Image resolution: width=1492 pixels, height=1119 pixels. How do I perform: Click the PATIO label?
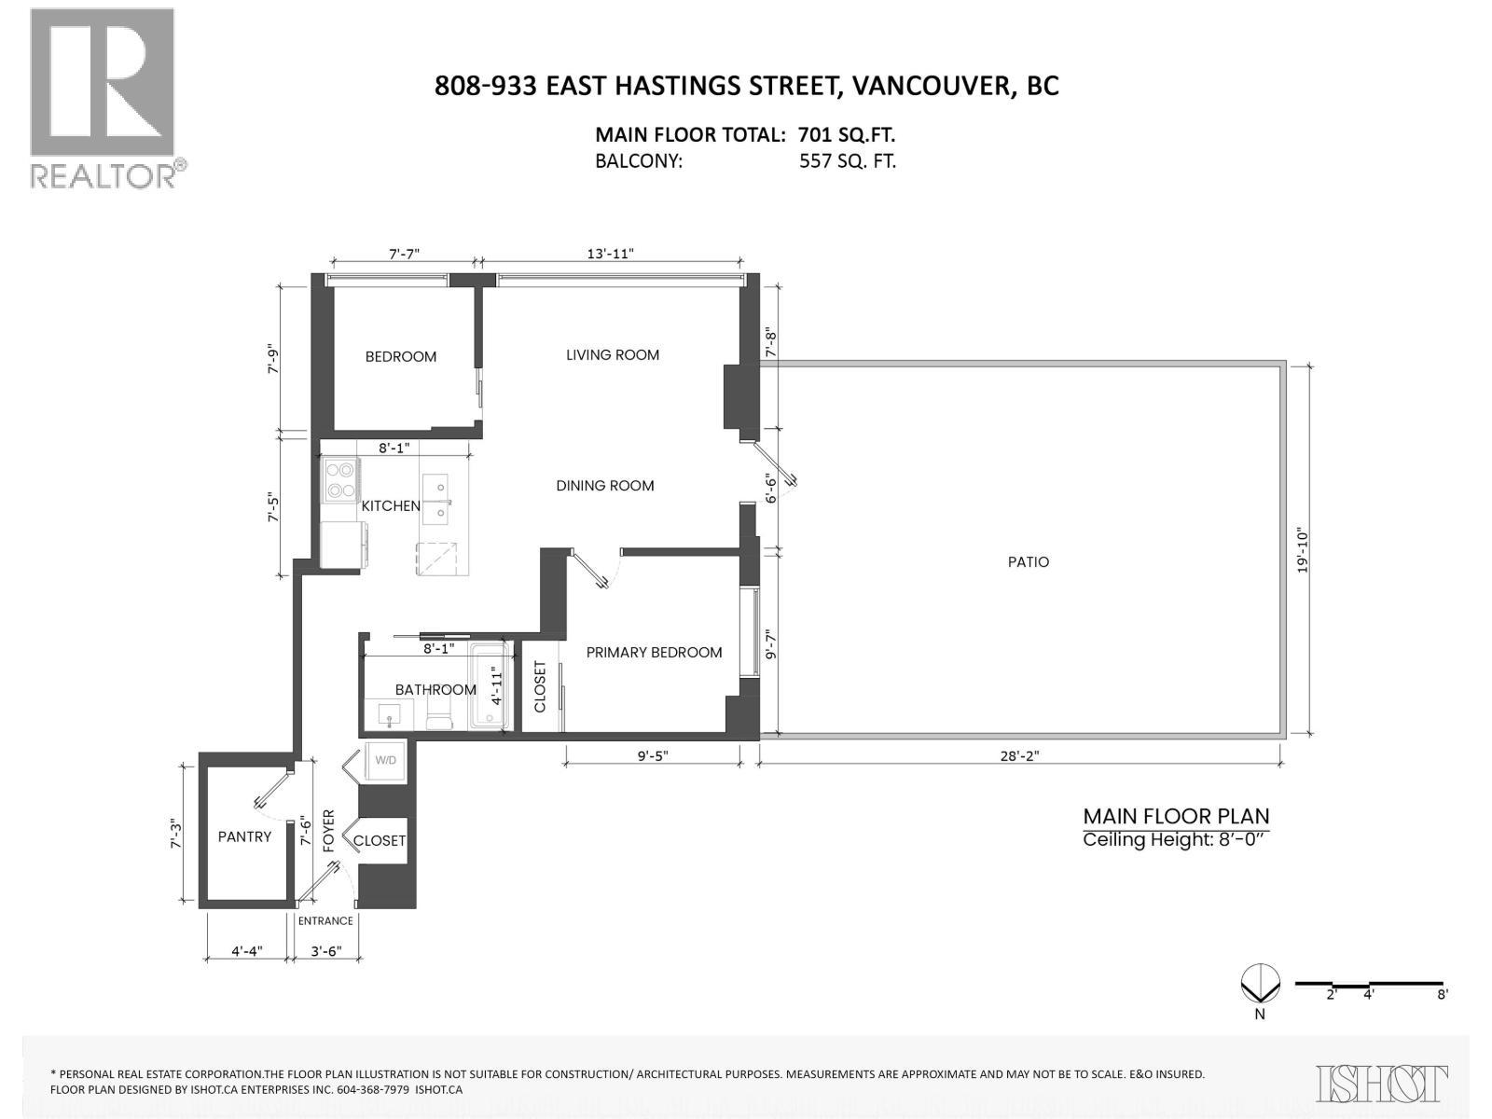pos(1028,562)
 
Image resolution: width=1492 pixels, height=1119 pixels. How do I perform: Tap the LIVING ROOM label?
pos(613,355)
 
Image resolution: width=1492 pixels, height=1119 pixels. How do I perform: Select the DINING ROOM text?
pos(604,486)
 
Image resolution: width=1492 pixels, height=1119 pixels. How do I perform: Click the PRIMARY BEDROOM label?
pos(654,653)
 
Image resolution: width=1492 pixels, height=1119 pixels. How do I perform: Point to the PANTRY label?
pos(244,837)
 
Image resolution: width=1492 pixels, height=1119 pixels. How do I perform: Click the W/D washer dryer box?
pos(384,761)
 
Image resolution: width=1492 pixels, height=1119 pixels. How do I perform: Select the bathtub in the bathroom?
pos(489,687)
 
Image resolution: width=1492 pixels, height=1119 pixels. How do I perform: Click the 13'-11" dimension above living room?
pos(611,254)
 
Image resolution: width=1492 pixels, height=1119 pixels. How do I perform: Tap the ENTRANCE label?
pos(325,921)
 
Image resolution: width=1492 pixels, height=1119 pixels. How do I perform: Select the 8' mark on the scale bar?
pos(1442,995)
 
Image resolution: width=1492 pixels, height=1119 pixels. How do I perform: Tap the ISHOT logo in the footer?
pos(1383,1084)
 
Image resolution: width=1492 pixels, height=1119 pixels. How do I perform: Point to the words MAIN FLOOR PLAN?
pos(1176,817)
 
